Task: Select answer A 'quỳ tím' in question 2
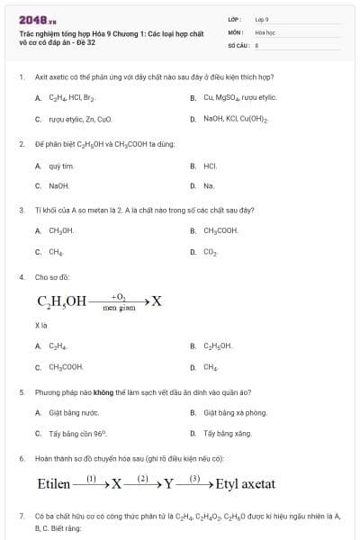click(61, 166)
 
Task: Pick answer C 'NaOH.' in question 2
click(59, 185)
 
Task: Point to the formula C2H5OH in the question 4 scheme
click(62, 301)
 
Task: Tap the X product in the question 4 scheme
click(157, 301)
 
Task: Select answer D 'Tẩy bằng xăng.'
click(224, 433)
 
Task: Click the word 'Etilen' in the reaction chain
click(53, 484)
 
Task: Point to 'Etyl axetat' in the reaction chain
click(245, 484)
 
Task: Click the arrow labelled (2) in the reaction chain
click(142, 482)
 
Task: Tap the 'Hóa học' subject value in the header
click(265, 31)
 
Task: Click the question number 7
click(21, 516)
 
